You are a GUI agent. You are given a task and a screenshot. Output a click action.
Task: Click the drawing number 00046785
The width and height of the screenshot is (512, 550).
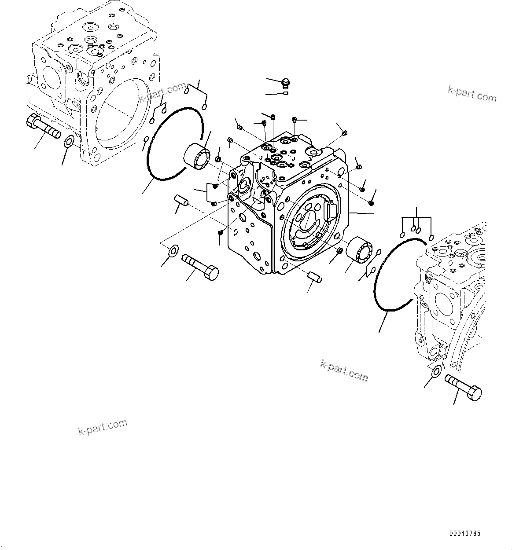(x=465, y=533)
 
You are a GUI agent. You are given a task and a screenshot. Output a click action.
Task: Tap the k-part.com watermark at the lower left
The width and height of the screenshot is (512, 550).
(x=103, y=426)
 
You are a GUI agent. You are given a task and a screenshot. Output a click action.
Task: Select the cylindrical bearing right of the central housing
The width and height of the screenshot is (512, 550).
(x=360, y=251)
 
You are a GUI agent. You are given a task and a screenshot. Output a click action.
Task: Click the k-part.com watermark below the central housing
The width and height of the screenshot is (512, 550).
(x=344, y=371)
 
